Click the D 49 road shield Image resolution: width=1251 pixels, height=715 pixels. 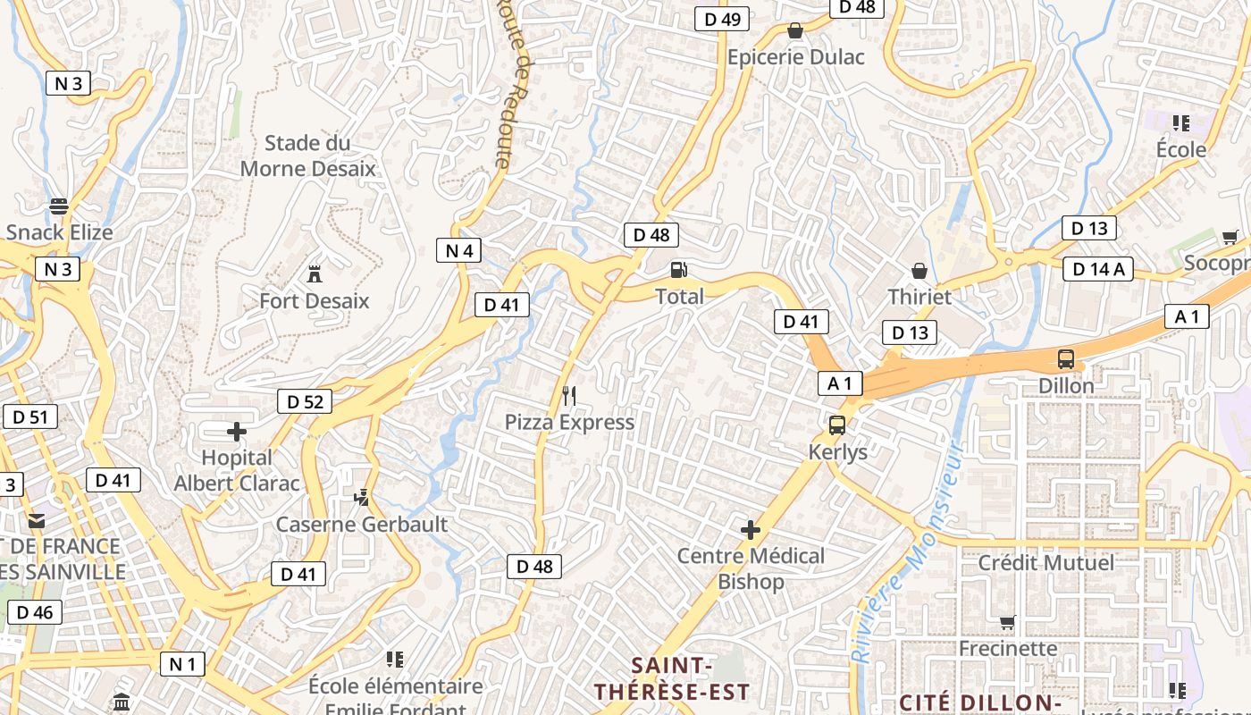(722, 19)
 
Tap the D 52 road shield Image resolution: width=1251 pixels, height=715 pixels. (305, 401)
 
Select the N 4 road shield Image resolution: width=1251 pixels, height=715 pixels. (458, 250)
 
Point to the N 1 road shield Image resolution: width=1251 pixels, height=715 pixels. (182, 663)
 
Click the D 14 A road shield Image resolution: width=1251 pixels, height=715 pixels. (1098, 268)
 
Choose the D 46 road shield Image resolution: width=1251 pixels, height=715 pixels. (34, 612)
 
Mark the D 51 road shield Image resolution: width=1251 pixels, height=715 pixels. (29, 416)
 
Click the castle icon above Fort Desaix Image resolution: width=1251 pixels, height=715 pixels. (314, 273)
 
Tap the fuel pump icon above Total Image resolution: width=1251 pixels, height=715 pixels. (679, 269)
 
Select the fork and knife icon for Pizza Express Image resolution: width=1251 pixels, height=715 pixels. (569, 395)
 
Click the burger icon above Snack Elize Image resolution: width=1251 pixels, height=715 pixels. (59, 206)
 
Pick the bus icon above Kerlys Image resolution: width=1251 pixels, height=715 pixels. (837, 425)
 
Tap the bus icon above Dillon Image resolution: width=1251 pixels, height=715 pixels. (1066, 359)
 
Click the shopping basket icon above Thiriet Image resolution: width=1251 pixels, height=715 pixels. (919, 270)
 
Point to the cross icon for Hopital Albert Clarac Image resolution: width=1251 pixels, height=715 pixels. (237, 433)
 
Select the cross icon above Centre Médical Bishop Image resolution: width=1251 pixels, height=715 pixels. (751, 530)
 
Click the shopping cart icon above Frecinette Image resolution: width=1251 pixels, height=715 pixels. (1007, 622)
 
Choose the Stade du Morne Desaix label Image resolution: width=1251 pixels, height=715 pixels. (308, 156)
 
